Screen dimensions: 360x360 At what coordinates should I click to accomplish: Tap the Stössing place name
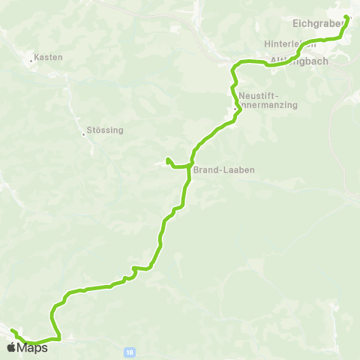[105, 130]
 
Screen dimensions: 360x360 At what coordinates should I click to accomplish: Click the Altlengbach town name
[298, 61]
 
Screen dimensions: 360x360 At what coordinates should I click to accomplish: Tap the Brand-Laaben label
[224, 170]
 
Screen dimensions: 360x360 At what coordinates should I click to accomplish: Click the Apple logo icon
[11, 347]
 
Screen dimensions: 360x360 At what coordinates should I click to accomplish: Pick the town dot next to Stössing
[84, 135]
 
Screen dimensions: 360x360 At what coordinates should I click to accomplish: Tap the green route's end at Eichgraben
[346, 17]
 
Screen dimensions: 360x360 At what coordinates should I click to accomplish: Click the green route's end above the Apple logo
[12, 330]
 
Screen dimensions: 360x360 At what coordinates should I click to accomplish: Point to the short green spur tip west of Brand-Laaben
[168, 158]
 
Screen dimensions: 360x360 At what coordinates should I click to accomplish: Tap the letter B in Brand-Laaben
[196, 170]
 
